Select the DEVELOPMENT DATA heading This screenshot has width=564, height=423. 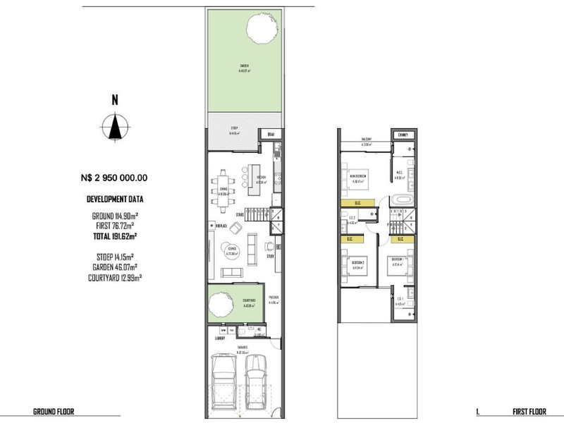(x=114, y=199)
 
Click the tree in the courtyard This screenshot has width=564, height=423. (x=219, y=305)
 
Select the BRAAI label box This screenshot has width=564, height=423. (x=269, y=134)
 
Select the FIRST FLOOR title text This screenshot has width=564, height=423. (x=530, y=410)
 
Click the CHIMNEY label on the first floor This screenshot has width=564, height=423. (x=403, y=134)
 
